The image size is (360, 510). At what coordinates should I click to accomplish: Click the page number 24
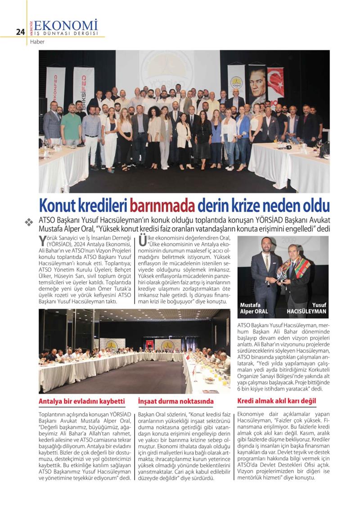pos(20,31)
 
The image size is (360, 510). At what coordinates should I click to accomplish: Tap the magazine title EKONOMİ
pos(66,25)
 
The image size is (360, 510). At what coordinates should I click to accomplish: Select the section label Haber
pos(37,42)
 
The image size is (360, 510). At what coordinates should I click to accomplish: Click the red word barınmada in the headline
pos(162,206)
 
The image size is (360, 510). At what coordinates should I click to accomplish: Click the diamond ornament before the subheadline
pos(29,222)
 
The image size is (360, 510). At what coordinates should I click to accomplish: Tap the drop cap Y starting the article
pos(43,239)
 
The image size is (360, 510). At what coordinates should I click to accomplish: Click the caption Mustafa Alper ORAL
pos(255,308)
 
